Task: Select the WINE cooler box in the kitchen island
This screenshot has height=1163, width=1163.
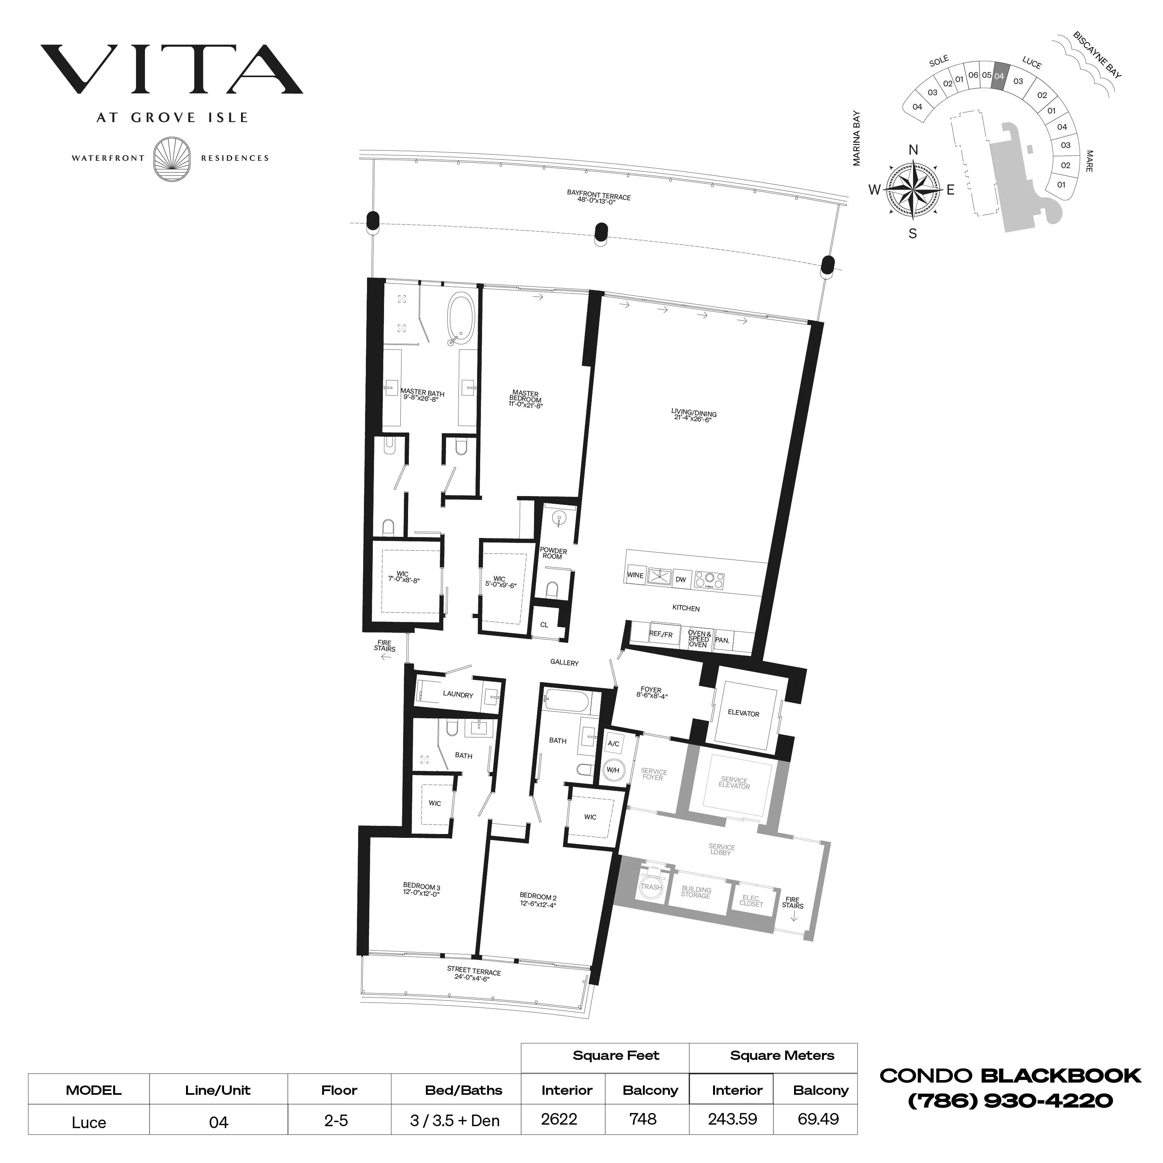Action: pyautogui.click(x=635, y=575)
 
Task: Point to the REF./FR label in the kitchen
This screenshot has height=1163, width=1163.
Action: pyautogui.click(x=661, y=634)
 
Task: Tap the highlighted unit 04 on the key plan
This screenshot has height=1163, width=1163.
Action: pyautogui.click(x=999, y=76)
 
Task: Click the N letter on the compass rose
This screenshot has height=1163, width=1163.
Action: pyautogui.click(x=913, y=150)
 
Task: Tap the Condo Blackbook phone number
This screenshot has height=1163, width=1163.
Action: pyautogui.click(x=1010, y=1101)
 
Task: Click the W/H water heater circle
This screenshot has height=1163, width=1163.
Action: pyautogui.click(x=613, y=770)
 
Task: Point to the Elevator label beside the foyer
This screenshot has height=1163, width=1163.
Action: pyautogui.click(x=743, y=713)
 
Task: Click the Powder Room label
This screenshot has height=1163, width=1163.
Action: pyautogui.click(x=553, y=553)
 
